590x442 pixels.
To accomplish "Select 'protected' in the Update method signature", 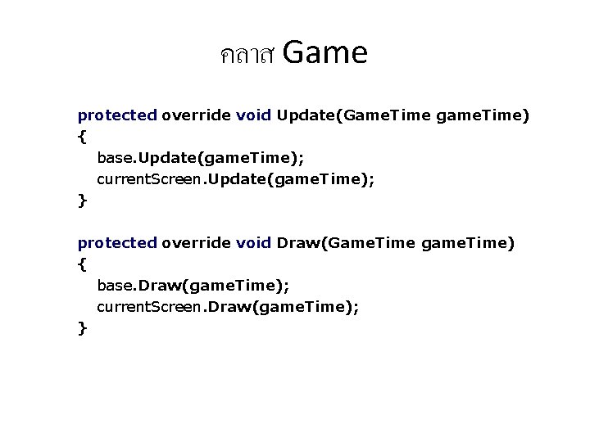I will point(116,115).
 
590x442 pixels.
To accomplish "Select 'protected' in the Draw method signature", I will point(116,243).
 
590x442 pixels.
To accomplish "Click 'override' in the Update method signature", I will point(196,115).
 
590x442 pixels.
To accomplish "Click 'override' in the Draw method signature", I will point(196,243).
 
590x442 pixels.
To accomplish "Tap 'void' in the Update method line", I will point(253,115).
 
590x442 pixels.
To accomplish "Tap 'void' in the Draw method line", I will point(253,243).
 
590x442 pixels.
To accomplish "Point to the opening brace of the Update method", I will point(81,137).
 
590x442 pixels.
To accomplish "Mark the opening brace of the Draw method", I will point(81,264).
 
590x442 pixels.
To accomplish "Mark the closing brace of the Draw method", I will point(81,328).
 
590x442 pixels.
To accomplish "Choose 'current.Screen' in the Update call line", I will point(151,179).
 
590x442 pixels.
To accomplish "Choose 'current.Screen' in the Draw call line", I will point(151,307).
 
